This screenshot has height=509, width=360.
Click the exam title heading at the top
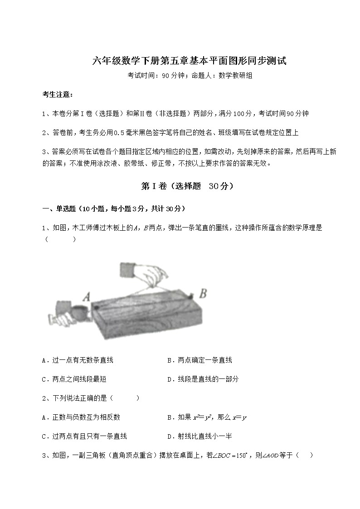click(x=190, y=61)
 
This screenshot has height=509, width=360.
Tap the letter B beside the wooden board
click(x=203, y=294)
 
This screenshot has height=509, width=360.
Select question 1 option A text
click(x=78, y=360)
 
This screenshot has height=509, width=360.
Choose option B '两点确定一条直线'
click(x=199, y=360)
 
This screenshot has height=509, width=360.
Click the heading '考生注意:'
click(x=57, y=95)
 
